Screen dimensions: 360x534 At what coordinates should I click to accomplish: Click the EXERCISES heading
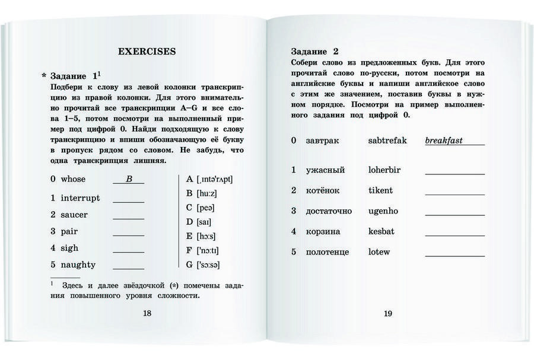147,52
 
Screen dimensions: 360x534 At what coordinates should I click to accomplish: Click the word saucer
74,215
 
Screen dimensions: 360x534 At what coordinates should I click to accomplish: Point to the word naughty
78,265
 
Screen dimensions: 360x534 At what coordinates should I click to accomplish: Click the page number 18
147,313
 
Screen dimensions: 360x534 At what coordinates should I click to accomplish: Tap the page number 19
387,313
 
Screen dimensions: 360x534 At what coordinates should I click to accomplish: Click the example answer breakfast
444,141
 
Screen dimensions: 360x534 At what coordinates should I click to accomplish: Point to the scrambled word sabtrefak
387,141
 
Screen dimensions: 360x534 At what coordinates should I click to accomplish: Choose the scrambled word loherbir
384,170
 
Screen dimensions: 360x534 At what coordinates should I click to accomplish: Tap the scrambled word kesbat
381,231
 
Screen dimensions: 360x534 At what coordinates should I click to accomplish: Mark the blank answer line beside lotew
454,255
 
